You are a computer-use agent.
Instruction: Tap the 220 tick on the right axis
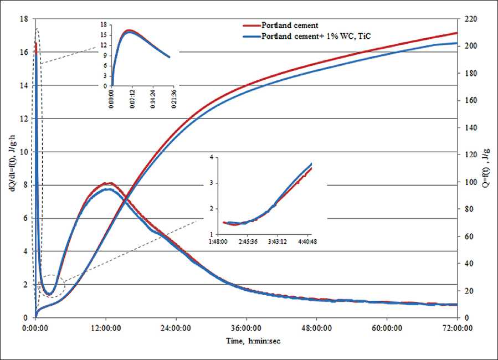click(467, 19)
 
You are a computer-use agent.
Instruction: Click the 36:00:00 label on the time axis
click(247, 328)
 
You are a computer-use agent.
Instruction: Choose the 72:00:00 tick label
click(457, 328)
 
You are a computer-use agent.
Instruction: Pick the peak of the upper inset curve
click(129, 30)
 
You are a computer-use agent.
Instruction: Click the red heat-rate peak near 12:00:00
click(109, 183)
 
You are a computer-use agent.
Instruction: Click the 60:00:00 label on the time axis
click(387, 328)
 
